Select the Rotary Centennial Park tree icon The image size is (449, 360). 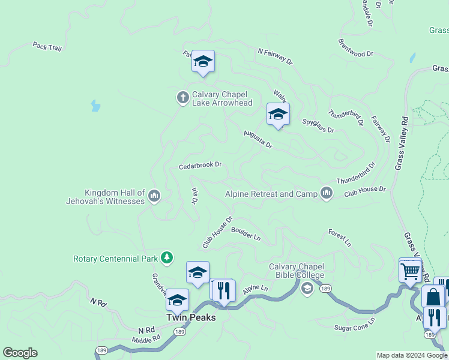(x=167, y=259)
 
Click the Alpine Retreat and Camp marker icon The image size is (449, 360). (x=327, y=193)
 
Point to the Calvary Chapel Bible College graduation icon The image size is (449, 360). (x=307, y=289)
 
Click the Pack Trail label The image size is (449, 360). (x=47, y=46)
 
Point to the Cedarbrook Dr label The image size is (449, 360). (x=200, y=165)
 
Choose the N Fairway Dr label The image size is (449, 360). (x=275, y=56)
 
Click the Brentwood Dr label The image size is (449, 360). (x=355, y=49)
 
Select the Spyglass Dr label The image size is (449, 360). (x=318, y=125)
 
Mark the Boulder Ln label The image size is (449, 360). (x=246, y=233)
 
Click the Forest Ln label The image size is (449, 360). (x=340, y=238)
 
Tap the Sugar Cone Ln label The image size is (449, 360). (x=355, y=323)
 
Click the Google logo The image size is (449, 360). (x=20, y=353)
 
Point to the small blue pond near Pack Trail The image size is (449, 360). (x=95, y=106)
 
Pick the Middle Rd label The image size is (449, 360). (x=146, y=339)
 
